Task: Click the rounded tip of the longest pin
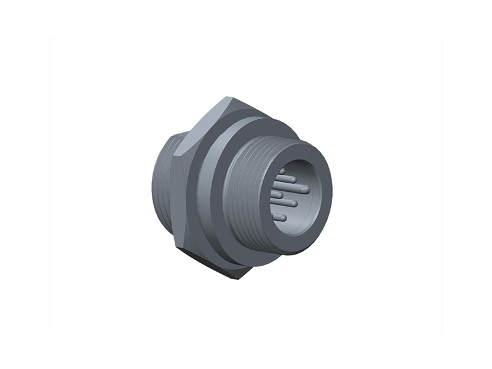click(x=305, y=189)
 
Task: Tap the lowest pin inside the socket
click(x=281, y=217)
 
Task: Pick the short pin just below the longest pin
click(x=278, y=195)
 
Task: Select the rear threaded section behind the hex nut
click(x=165, y=184)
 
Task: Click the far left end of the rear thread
click(x=154, y=184)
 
